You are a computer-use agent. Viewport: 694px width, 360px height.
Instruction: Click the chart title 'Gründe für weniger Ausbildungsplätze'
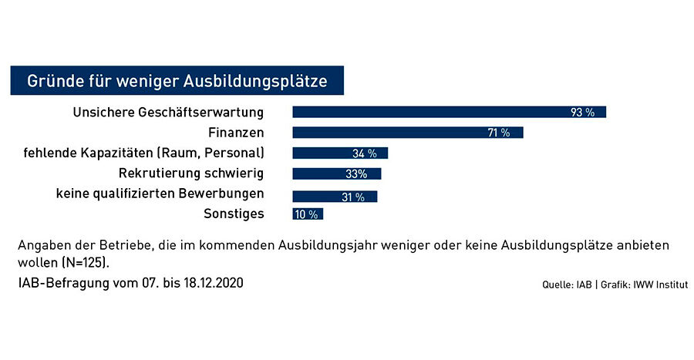(x=177, y=81)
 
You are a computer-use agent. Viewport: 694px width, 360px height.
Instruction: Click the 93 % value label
(x=582, y=113)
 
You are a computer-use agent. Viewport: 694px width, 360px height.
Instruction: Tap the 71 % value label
(x=499, y=133)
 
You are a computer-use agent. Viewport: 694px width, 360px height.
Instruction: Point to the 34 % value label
(x=363, y=153)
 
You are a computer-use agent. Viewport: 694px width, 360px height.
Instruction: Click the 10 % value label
(x=305, y=214)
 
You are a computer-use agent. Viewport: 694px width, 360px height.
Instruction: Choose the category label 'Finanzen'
(x=237, y=133)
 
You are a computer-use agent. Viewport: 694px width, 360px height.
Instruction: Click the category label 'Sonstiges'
(x=234, y=214)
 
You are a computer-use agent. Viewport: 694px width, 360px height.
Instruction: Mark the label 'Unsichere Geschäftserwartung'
(x=168, y=113)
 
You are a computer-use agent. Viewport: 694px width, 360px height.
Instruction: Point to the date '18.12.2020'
(x=211, y=283)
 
